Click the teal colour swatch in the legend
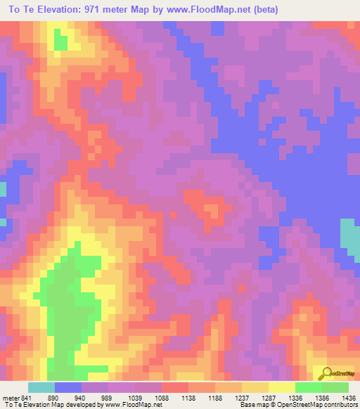[41, 387]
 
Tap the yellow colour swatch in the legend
[281, 387]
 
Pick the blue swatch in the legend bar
[68, 387]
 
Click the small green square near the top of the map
[60, 42]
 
